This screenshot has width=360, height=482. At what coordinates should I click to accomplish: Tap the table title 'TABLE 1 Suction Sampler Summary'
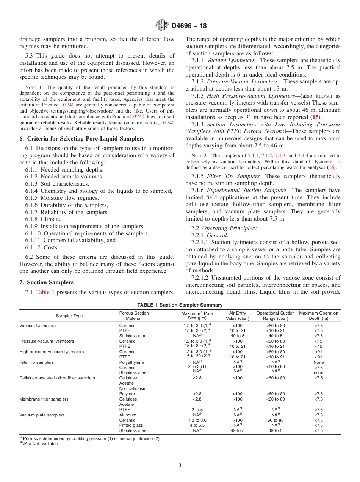point(180,305)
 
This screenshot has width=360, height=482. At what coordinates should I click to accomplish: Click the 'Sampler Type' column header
point(69,316)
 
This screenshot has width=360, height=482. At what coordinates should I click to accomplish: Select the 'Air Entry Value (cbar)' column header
point(238,316)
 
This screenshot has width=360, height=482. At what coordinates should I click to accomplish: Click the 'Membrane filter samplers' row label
point(44,399)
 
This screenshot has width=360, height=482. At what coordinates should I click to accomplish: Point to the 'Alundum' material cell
point(128,415)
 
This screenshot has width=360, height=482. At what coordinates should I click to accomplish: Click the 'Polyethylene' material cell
point(131,362)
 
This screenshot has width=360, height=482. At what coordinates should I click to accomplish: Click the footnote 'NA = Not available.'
point(40,444)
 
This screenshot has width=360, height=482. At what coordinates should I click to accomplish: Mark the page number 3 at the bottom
point(180,466)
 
